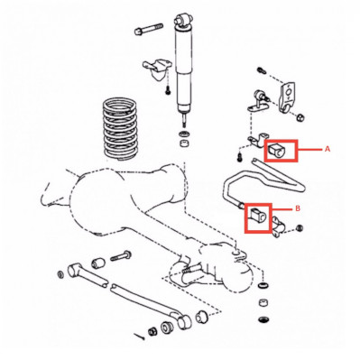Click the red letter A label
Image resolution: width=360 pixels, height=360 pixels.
click(x=328, y=149)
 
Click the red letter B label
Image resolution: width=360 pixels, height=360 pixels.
click(x=298, y=208)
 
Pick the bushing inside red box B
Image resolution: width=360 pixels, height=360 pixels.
click(x=258, y=215)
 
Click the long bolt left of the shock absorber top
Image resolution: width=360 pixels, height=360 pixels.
click(x=149, y=30)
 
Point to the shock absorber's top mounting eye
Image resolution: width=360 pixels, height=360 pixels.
click(x=182, y=20)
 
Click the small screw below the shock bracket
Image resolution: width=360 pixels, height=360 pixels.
click(x=168, y=89)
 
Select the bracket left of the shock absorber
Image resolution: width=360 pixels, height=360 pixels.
click(x=157, y=69)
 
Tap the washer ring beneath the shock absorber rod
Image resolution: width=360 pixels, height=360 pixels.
click(x=184, y=134)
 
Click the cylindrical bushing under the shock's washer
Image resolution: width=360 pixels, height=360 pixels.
click(x=184, y=142)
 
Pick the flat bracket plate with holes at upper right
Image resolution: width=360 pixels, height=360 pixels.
click(x=287, y=97)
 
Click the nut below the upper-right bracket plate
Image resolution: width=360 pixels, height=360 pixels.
click(x=300, y=116)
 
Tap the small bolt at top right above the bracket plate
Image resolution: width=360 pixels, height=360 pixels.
click(x=261, y=71)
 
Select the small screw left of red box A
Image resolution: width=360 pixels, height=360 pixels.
click(x=240, y=157)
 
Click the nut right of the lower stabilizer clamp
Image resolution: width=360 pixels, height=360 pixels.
click(x=300, y=228)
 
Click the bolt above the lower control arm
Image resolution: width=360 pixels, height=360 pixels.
click(x=120, y=256)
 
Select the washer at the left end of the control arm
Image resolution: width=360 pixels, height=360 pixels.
click(x=60, y=274)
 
